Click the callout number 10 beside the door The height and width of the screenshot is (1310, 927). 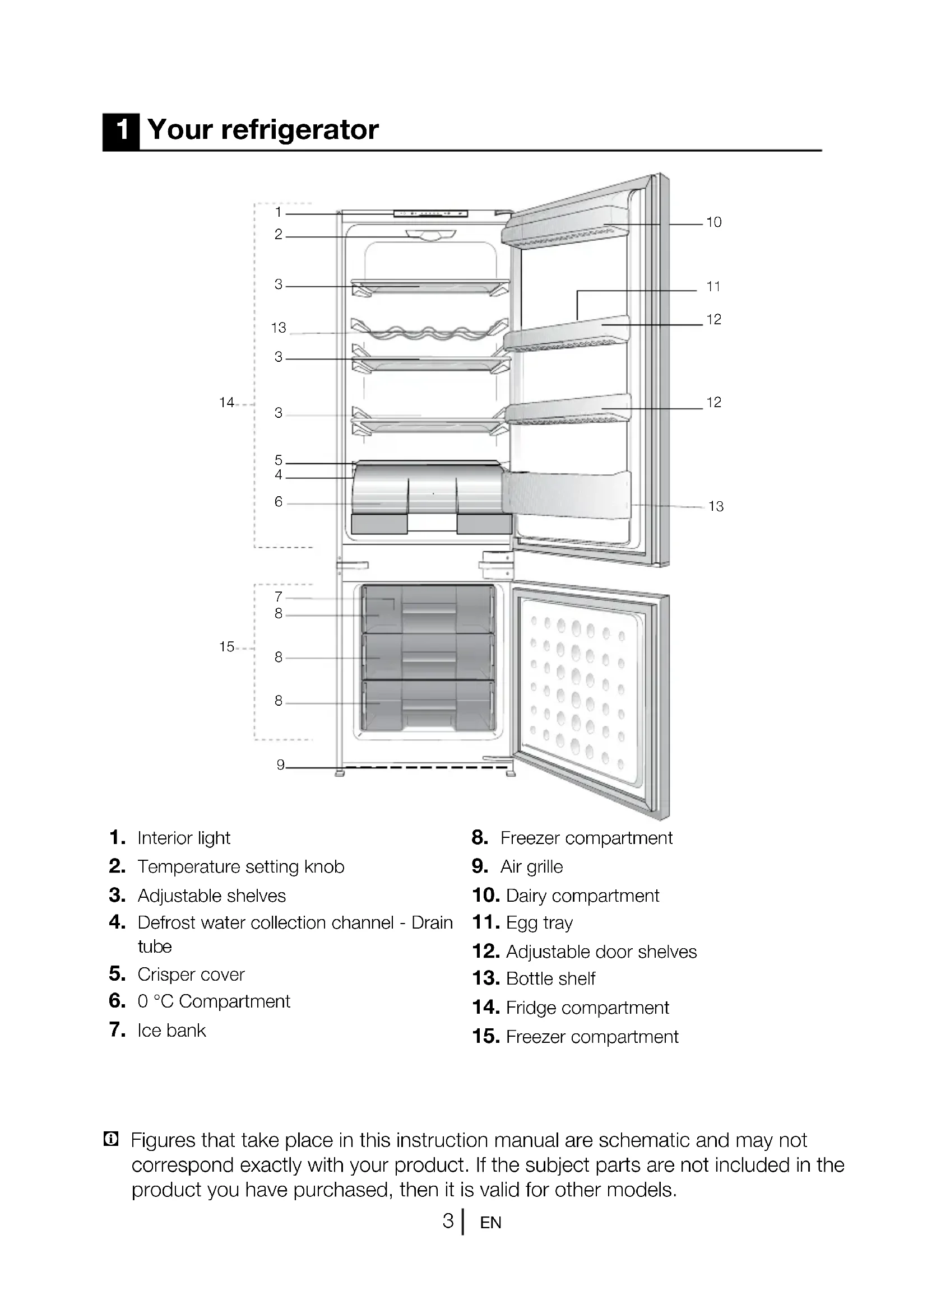(713, 222)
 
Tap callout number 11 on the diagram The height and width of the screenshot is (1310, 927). (713, 286)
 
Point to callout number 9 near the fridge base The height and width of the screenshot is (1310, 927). (280, 764)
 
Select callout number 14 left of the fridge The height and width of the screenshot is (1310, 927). (226, 403)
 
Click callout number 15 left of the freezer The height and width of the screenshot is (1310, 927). (226, 646)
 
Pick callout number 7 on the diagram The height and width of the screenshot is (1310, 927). (279, 597)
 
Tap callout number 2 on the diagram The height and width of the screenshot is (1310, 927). (279, 235)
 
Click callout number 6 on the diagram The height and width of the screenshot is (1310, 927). (279, 501)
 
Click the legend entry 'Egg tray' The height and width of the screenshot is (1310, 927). (539, 923)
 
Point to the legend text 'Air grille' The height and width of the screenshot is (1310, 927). (531, 866)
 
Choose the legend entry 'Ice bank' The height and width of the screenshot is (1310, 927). (172, 1031)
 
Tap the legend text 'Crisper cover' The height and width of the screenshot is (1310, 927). (191, 975)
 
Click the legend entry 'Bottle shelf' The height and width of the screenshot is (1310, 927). (550, 978)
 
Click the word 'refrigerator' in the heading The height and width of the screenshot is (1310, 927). (300, 129)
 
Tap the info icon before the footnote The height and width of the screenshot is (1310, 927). (111, 1139)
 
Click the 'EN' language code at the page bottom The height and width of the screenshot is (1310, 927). (490, 1223)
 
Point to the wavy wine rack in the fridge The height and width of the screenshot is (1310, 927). (429, 332)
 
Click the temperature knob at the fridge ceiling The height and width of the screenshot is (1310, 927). (431, 235)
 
